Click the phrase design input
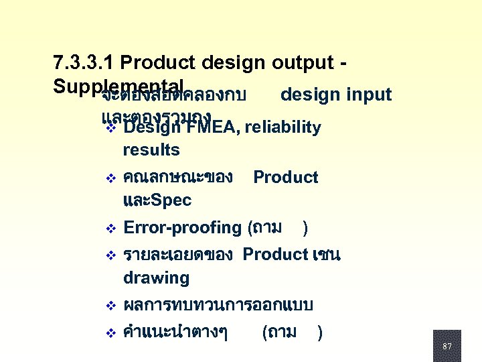(336, 95)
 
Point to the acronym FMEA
(211, 127)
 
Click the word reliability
(285, 127)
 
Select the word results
(151, 149)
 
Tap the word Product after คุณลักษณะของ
(286, 178)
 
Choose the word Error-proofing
(182, 228)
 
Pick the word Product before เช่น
(275, 255)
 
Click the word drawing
(156, 278)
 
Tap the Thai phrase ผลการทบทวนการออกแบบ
(218, 305)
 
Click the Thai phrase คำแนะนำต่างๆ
(175, 333)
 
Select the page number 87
(447, 347)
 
